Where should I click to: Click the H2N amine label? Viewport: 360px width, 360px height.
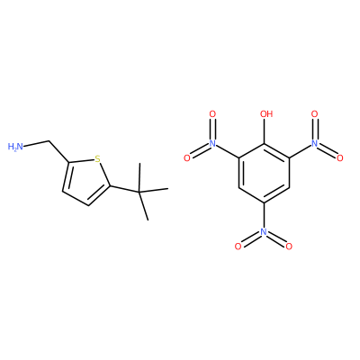15,147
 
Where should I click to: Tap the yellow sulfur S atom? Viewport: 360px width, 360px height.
97,158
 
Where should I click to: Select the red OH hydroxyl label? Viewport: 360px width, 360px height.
266,114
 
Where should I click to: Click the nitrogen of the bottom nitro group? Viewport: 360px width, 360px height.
264,231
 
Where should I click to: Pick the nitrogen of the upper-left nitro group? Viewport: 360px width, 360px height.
212,143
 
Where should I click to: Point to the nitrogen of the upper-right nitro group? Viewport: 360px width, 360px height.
314,143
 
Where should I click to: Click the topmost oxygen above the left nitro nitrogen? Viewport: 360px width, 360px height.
212,114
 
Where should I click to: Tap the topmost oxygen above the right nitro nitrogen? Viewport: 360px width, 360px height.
314,114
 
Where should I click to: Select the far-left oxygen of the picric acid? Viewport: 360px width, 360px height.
187,158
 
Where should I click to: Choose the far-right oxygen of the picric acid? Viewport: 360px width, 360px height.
340,158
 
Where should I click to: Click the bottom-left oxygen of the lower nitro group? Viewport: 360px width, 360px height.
238,247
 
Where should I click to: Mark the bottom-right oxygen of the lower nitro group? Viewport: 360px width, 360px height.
289,247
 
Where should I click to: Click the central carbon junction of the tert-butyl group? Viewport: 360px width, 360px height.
139,192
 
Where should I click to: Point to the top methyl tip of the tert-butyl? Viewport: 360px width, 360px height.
139,164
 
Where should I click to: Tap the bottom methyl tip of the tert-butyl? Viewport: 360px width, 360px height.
148,220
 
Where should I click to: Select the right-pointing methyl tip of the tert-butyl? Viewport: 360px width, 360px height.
167,189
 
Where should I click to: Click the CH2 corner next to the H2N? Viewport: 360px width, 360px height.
49,140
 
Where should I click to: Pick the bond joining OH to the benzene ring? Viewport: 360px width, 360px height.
264,131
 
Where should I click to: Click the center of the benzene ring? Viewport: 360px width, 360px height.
264,173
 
